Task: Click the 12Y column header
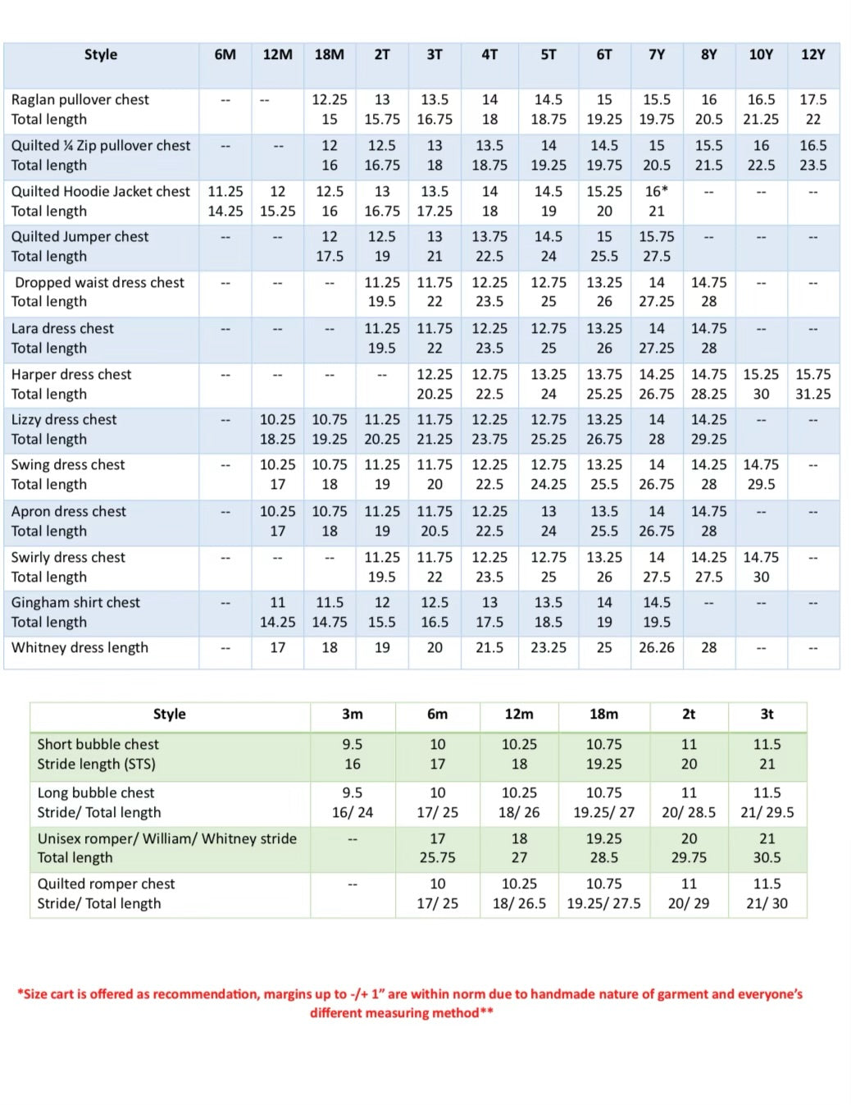point(812,55)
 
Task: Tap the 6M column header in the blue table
point(225,55)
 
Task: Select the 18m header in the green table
point(603,715)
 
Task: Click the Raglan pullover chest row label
point(80,100)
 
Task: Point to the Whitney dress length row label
point(80,648)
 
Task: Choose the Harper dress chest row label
point(71,375)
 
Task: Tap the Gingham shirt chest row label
point(75,603)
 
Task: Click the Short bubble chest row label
point(98,745)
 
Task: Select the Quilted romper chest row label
point(107,884)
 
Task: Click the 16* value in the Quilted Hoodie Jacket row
point(657,192)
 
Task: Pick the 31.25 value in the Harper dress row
point(812,395)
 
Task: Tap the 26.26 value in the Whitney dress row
point(657,648)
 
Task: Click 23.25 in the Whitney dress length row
point(548,648)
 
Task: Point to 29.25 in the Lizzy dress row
point(708,440)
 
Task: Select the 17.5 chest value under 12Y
point(812,100)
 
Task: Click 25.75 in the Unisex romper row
point(438,858)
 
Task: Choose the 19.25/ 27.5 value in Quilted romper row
point(603,904)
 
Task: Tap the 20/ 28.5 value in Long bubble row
point(689,813)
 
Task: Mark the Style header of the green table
point(170,715)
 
